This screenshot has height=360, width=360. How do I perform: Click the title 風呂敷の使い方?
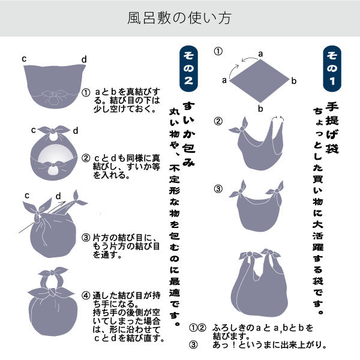coord(179,18)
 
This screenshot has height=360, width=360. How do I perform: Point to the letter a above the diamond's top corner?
coord(260,53)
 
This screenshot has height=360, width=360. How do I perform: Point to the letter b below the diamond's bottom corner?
coord(260,109)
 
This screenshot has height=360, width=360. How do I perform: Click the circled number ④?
coord(86,296)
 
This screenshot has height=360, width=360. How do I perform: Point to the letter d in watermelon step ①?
coord(84,59)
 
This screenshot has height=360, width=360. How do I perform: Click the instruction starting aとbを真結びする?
coord(123,101)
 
